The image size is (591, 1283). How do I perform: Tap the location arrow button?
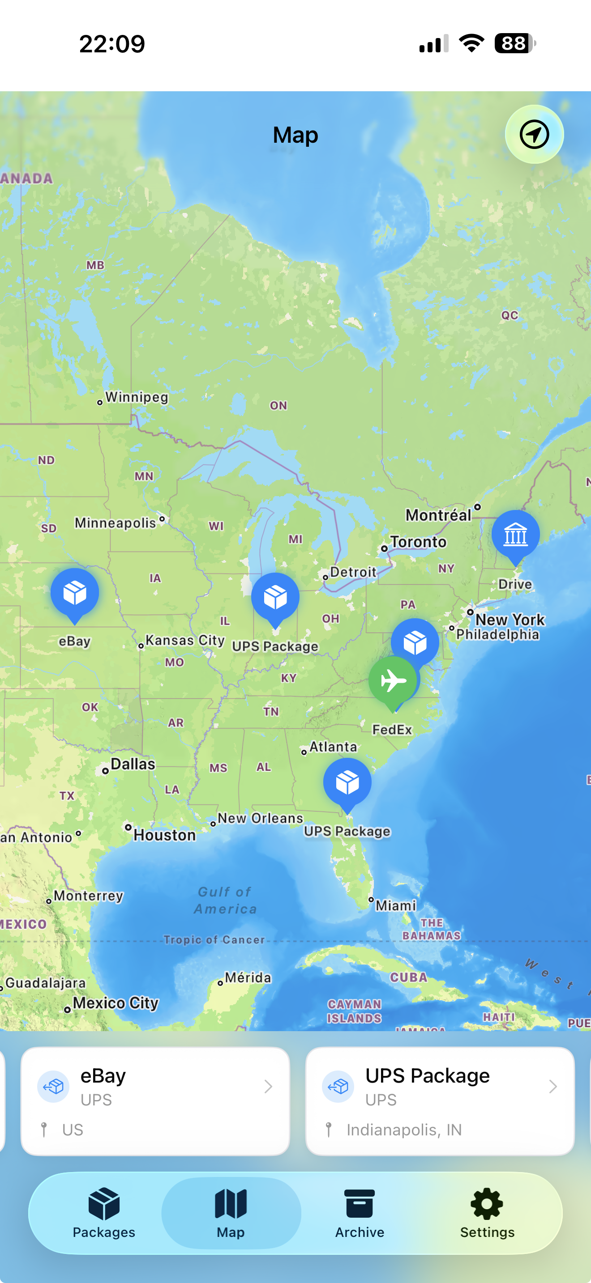click(534, 135)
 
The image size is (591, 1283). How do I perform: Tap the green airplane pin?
click(392, 680)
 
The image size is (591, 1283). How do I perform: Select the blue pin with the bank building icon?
click(515, 535)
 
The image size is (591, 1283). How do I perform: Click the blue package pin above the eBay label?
click(75, 593)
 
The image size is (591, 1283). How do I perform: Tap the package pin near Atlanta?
click(347, 782)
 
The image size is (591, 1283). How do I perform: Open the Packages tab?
click(104, 1212)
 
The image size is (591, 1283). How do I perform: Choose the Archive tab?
click(359, 1212)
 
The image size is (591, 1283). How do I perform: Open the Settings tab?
click(487, 1212)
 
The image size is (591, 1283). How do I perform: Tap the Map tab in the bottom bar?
click(231, 1212)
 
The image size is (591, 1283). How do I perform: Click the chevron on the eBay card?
click(268, 1086)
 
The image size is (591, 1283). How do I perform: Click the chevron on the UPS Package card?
click(552, 1086)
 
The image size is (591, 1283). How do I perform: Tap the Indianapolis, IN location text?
click(404, 1130)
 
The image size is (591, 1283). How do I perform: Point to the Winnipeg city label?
click(137, 397)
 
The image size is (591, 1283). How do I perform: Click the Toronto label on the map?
click(418, 542)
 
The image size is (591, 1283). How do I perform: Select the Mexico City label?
click(116, 1003)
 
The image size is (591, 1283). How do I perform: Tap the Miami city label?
click(396, 905)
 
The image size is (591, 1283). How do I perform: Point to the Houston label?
click(164, 835)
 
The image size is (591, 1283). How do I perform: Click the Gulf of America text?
click(225, 900)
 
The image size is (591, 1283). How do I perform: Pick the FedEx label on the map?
click(392, 730)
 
